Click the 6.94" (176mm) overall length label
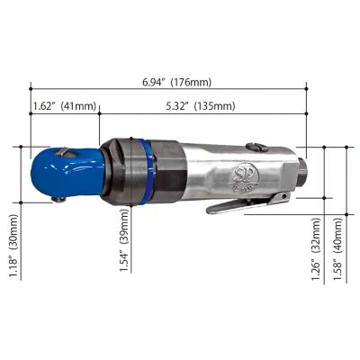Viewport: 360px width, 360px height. point(176,82)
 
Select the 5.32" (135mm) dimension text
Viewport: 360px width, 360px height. point(200,106)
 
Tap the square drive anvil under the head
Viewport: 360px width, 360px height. point(56,197)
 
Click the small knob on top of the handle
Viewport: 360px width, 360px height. point(256,146)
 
